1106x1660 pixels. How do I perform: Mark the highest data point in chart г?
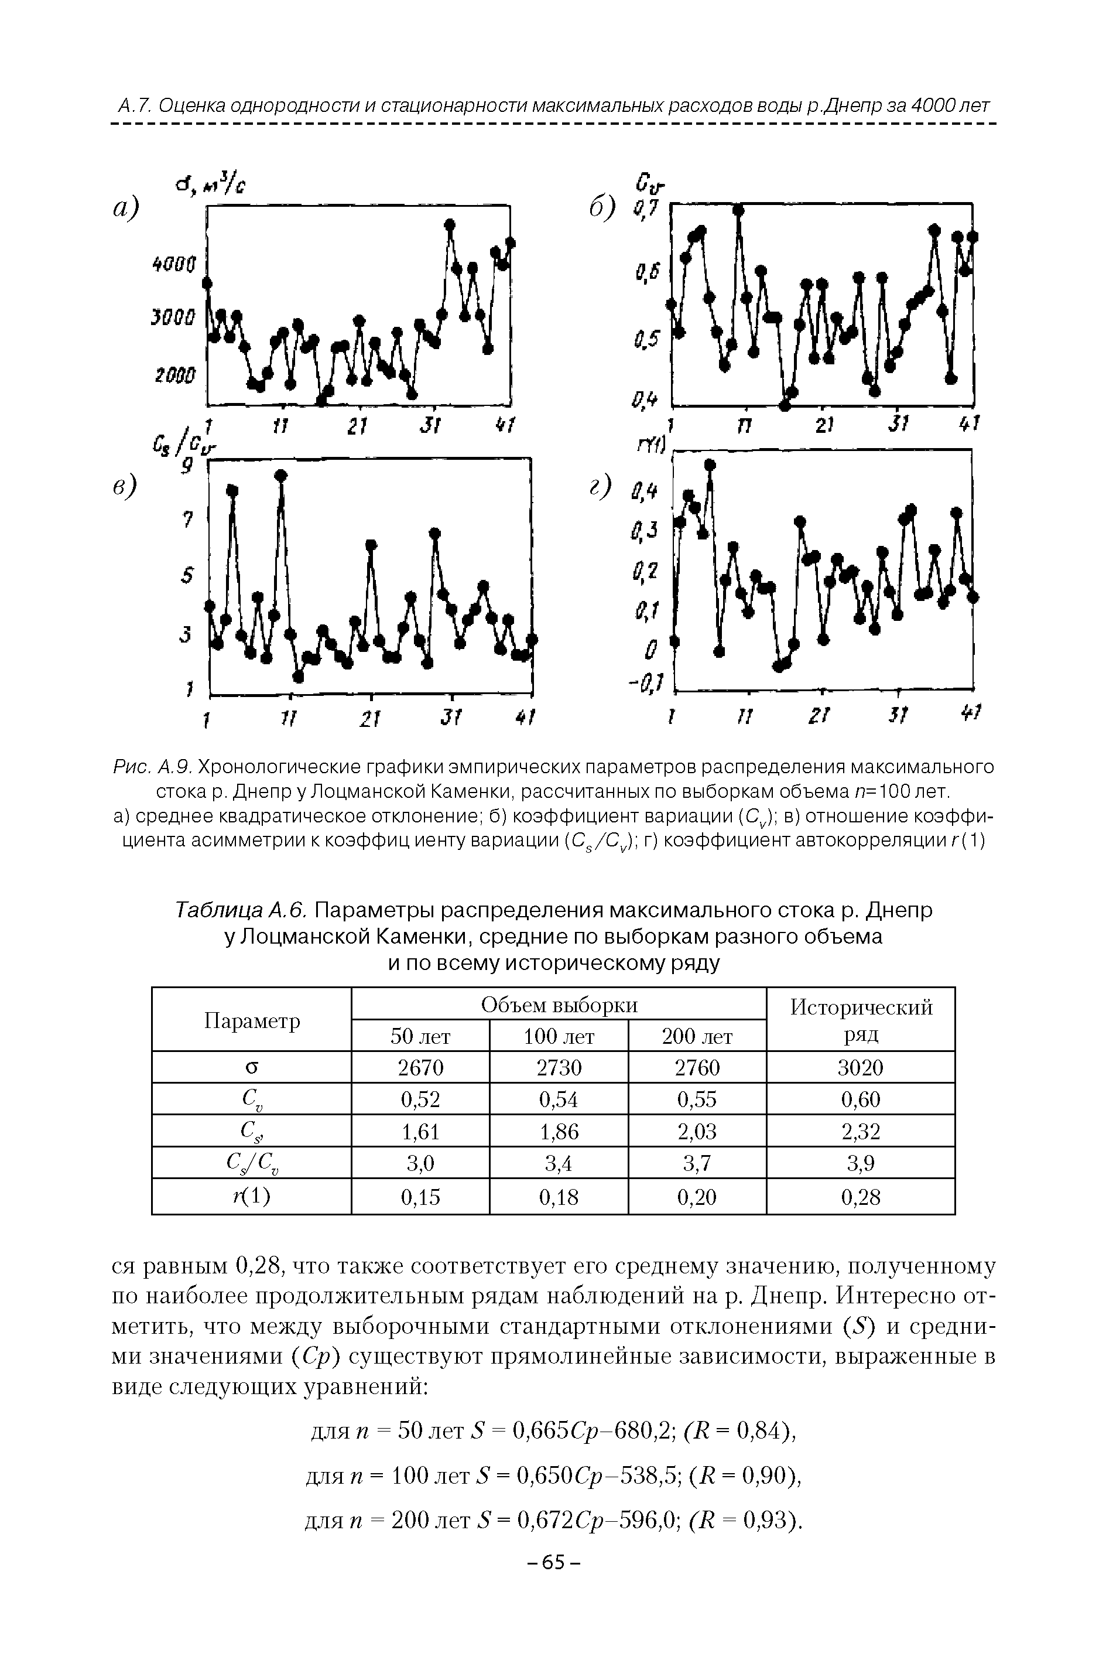710,464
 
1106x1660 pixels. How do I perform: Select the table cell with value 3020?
860,1067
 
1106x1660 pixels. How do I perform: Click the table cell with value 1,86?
559,1132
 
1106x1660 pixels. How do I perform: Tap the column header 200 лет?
697,1036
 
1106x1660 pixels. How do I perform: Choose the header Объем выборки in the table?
559,1005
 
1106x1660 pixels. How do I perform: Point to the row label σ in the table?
251,1067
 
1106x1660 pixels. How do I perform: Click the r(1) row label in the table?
251,1197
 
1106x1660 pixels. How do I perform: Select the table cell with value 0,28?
860,1197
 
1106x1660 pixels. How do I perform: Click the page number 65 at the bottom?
554,1563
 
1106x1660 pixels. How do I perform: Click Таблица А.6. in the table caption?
240,911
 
